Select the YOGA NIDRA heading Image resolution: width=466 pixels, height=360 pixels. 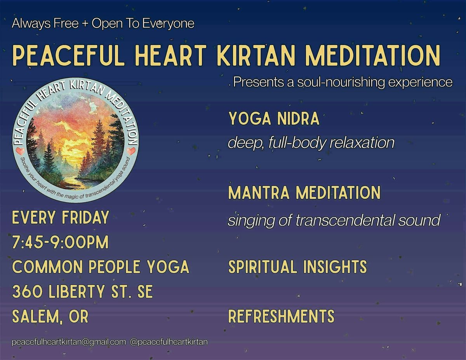coord(274,118)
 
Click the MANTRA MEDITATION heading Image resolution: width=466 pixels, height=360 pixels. coord(304,193)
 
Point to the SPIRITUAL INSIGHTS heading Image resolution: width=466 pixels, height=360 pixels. coord(297,267)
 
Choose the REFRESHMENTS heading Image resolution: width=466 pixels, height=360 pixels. coord(282,316)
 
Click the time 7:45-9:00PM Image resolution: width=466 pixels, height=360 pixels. coord(61,242)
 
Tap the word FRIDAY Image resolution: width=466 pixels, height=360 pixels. coord(85,217)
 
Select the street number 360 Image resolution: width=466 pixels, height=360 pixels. coord(27,291)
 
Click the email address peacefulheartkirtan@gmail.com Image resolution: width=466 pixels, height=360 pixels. coord(69,342)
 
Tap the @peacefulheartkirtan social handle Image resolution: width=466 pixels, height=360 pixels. coord(169,342)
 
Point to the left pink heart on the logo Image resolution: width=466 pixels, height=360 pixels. coord(20,151)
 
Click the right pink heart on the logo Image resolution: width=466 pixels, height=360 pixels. coord(131,151)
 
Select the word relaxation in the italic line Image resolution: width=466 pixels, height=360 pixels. coord(362,143)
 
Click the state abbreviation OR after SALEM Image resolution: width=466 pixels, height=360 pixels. coord(78,316)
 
